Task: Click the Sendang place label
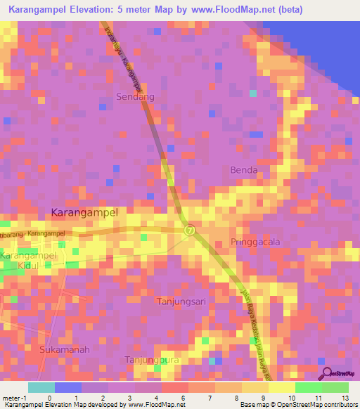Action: point(134,96)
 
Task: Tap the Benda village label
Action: point(244,170)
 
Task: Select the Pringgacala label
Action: point(255,242)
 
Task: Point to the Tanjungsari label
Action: point(179,301)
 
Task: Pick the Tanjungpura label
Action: point(148,360)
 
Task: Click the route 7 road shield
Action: point(189,231)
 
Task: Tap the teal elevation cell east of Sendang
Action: point(253,93)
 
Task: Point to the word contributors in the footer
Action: point(340,405)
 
